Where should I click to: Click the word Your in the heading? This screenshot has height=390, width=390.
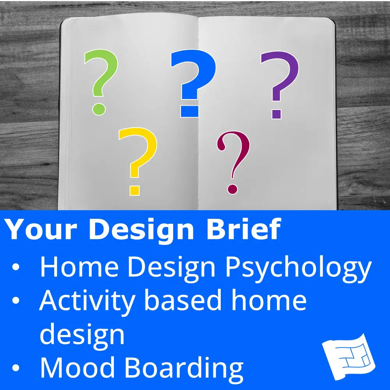click(x=41, y=229)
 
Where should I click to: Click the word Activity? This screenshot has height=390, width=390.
click(x=87, y=302)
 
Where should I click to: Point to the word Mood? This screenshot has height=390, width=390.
click(x=77, y=368)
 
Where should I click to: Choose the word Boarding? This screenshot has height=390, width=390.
click(x=184, y=369)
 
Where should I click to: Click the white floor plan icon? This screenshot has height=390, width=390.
click(x=349, y=357)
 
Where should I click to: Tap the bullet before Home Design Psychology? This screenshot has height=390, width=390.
click(x=16, y=267)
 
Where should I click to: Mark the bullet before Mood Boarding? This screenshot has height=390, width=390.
click(x=16, y=368)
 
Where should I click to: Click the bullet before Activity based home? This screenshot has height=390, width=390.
click(x=16, y=300)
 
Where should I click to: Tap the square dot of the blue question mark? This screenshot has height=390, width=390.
click(x=190, y=111)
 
